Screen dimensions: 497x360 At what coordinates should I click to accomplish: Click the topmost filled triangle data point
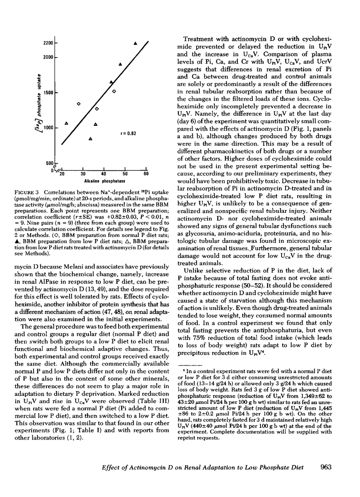coord(135,43)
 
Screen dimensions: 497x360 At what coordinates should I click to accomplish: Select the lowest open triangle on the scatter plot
coord(90,139)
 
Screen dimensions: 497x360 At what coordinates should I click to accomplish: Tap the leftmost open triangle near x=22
coord(67,123)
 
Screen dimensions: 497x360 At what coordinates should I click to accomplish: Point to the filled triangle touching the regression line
coord(112,82)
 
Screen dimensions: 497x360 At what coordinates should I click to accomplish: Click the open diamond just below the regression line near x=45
coord(114,91)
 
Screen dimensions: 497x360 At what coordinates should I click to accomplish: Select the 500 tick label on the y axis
coord(50,163)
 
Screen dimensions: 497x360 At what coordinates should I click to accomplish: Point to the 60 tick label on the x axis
coord(146,174)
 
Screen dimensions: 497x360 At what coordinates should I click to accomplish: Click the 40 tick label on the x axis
coord(104,174)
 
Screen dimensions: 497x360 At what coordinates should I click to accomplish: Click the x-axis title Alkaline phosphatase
coord(104,181)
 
